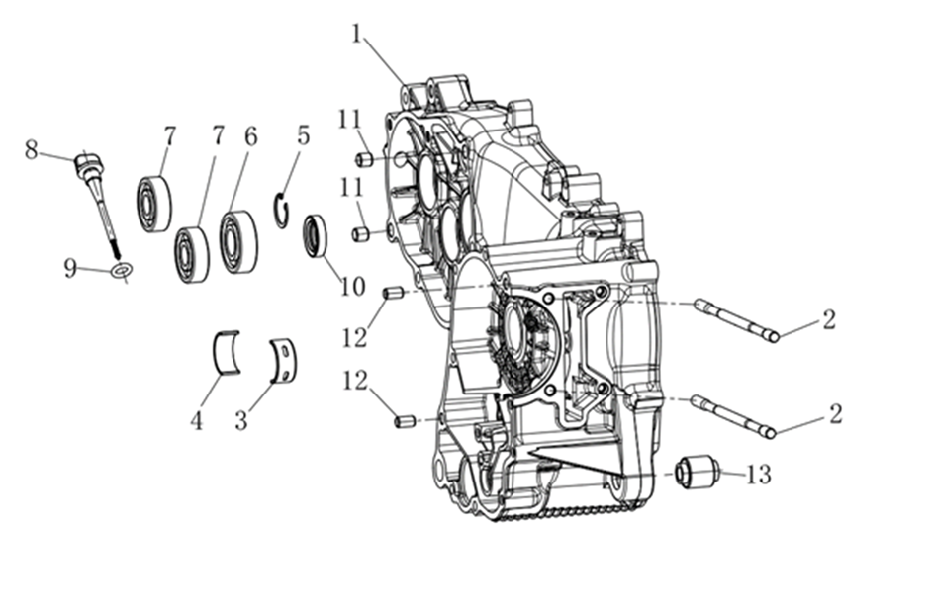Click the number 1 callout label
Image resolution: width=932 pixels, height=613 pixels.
click(356, 34)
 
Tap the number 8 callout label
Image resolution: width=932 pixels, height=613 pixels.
click(31, 149)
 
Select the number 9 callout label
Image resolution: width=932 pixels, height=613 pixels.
click(70, 269)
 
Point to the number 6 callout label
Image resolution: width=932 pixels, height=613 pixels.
click(251, 136)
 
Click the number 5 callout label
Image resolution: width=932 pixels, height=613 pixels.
click(303, 135)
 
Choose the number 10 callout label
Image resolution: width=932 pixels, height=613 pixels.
click(352, 287)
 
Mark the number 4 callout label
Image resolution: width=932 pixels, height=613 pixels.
click(196, 420)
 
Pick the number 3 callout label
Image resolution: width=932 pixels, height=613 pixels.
click(240, 420)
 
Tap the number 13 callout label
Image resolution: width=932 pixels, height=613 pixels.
click(759, 474)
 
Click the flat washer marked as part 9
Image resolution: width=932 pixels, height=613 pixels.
click(122, 270)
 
